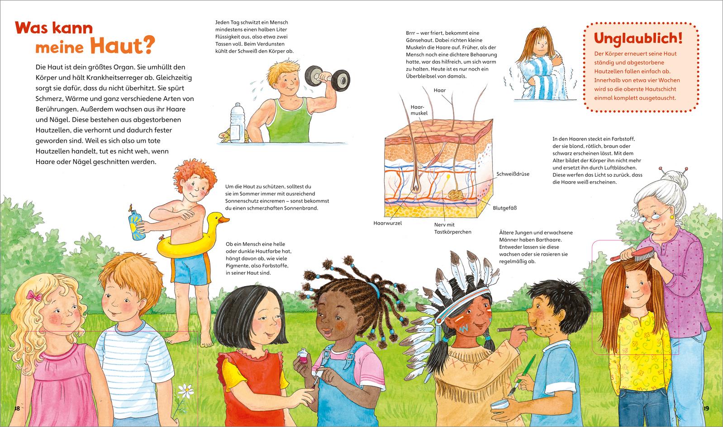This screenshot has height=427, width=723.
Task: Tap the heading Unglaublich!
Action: pos(638,38)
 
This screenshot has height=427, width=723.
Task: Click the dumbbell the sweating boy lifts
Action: pos(327,78)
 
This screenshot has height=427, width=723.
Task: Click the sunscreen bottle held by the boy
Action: pos(136,222)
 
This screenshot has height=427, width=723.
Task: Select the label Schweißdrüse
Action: pos(513,174)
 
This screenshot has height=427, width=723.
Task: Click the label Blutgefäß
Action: pos(504,208)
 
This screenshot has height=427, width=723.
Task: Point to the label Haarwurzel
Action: pos(387,223)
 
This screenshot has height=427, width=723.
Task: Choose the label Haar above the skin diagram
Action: pos(440,90)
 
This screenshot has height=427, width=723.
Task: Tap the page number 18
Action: pos(17,408)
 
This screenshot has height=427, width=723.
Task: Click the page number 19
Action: pos(706,408)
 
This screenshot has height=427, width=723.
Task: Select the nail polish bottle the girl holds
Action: pos(303,356)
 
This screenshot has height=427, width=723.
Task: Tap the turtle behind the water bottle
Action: pos(226,136)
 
